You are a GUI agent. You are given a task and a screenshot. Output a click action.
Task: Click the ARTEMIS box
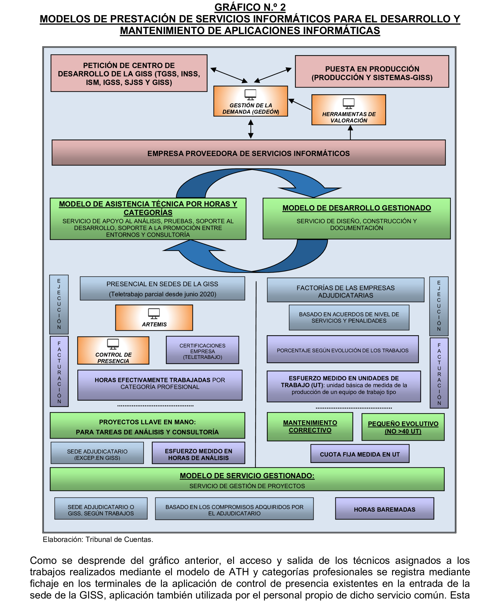154,317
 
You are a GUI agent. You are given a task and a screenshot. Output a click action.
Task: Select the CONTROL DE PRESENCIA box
113,350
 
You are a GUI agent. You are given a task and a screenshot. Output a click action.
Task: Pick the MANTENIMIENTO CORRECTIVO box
310,426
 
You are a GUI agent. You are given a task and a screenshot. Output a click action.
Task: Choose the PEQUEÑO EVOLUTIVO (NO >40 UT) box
403,427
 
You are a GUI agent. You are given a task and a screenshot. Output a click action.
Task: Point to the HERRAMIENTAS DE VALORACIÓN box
349,110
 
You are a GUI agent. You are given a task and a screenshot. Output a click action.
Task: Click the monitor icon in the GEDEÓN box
250,94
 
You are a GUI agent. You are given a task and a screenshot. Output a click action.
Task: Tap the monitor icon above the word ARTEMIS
154,313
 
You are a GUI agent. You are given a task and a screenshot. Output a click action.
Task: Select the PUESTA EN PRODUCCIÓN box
372,72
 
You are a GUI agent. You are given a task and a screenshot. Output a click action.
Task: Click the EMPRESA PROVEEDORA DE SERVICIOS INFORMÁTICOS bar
248,153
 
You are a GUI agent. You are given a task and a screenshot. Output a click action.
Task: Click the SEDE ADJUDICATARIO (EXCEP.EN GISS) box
97,453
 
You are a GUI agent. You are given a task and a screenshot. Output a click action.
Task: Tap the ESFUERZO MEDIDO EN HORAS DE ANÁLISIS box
198,453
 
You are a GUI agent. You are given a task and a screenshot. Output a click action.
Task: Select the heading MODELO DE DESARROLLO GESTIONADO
356,208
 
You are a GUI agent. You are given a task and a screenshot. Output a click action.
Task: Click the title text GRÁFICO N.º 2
250,7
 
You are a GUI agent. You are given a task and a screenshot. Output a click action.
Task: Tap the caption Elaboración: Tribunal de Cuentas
98,539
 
